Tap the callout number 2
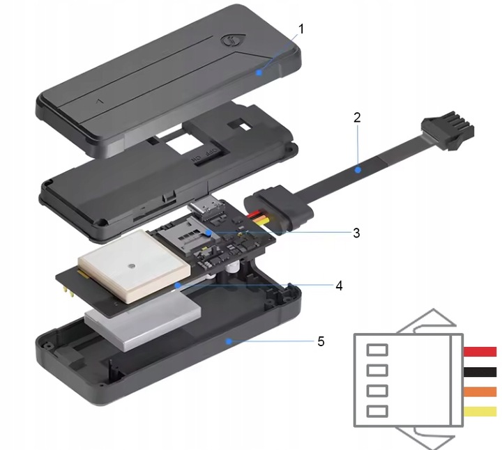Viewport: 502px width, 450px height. pyautogui.click(x=357, y=117)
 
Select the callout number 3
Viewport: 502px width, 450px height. pyautogui.click(x=356, y=233)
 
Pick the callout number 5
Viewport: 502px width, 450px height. pyautogui.click(x=321, y=342)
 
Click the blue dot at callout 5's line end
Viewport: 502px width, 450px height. pyautogui.click(x=228, y=341)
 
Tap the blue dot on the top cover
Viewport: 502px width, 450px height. pyautogui.click(x=259, y=72)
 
